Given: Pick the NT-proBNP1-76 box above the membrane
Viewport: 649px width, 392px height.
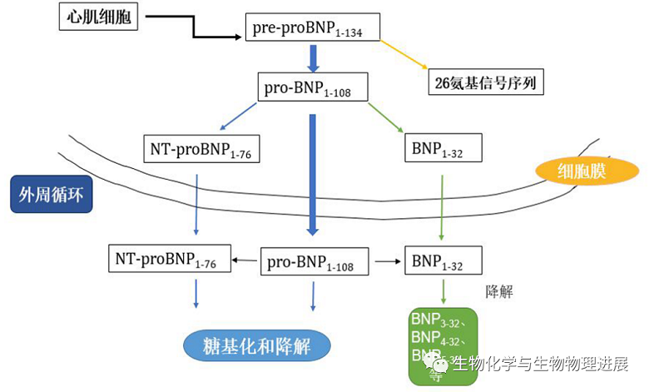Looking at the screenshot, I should click(194, 149).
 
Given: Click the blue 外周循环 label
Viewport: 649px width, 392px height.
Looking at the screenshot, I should click(51, 194).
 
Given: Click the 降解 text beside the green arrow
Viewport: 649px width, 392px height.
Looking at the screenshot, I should click(498, 292).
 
